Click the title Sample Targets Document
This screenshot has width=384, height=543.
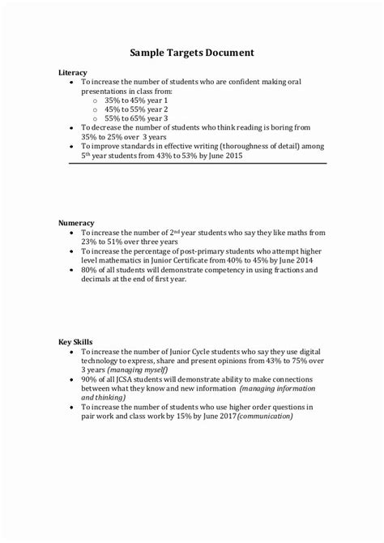coord(192,53)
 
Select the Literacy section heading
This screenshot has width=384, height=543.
coord(72,72)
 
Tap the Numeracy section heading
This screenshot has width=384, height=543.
coord(76,222)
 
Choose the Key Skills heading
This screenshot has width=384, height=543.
coord(75,342)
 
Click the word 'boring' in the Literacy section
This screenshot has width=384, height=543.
coord(279,128)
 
